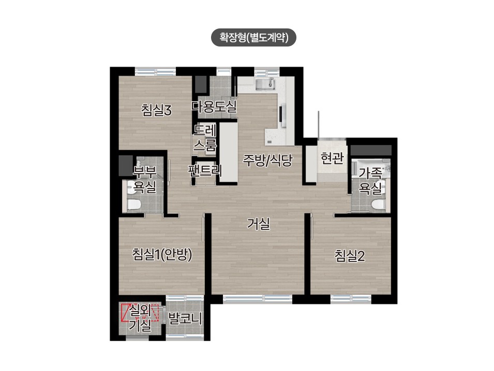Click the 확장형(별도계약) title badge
click(253, 38)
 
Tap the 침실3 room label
click(156, 111)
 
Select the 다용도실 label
click(214, 106)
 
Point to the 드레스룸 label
click(205, 138)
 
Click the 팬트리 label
click(205, 170)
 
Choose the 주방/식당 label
click(267, 160)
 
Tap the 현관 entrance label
click(332, 158)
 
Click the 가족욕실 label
click(370, 181)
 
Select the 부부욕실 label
click(144, 180)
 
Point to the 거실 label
click(258, 224)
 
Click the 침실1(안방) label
click(162, 255)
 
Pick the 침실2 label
click(350, 256)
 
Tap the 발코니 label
click(185, 318)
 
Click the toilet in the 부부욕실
click(134, 205)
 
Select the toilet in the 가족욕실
click(378, 205)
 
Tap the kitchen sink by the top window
click(265, 84)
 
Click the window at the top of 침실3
click(155, 71)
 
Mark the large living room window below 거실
click(258, 299)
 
